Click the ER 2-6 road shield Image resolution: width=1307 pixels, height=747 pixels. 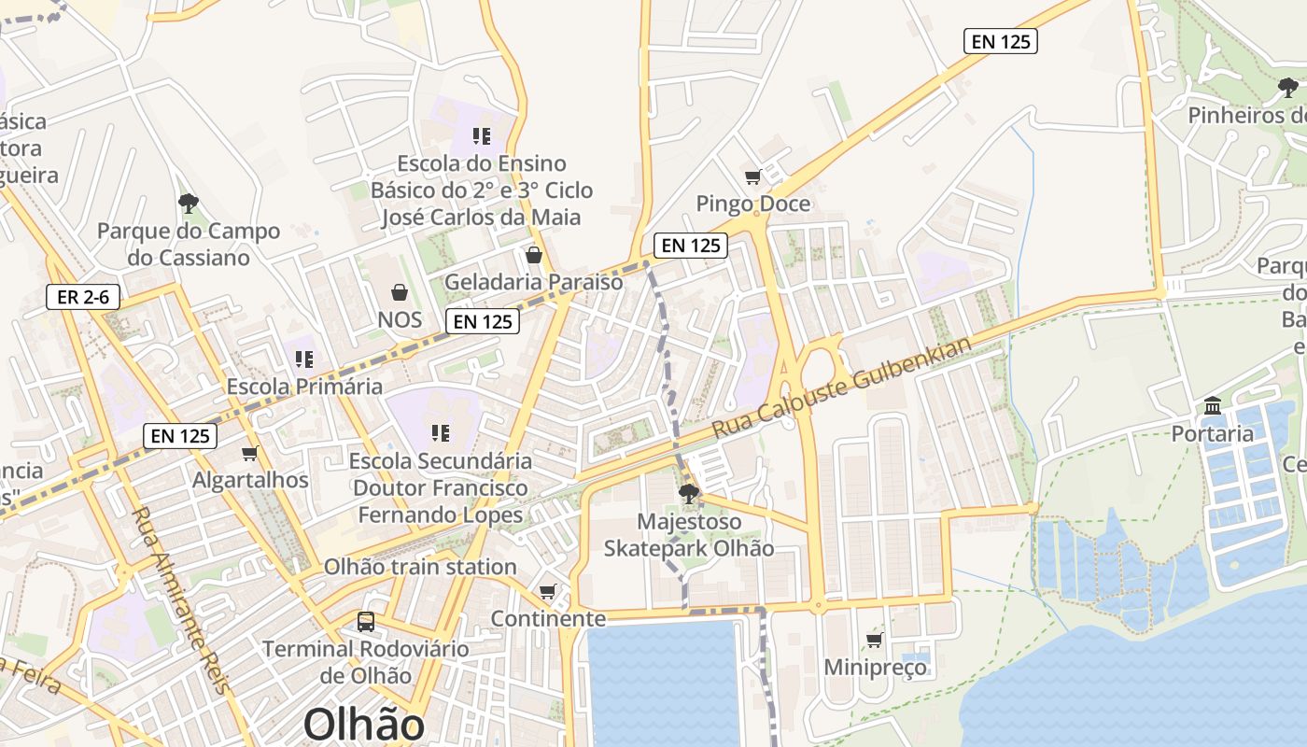[83, 297]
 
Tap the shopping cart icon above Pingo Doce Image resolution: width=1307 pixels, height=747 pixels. [752, 176]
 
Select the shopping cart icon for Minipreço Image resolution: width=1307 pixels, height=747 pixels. [875, 640]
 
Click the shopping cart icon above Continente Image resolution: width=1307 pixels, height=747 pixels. [548, 591]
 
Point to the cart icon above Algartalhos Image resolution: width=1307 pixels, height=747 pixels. [249, 453]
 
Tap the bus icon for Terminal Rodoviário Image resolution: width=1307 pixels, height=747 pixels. [366, 621]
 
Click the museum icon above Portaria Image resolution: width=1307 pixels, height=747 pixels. [1213, 405]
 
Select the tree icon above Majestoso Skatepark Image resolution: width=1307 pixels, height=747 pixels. [689, 493]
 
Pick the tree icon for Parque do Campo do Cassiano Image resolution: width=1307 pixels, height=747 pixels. [189, 203]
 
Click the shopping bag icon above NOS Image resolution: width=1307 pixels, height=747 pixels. [400, 292]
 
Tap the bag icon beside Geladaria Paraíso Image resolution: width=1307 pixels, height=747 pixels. [534, 254]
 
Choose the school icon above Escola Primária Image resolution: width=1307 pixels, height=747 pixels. [303, 359]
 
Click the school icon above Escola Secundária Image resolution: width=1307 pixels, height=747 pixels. [441, 432]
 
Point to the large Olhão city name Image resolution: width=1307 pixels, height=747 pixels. [363, 725]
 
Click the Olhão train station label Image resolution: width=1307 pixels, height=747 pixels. [420, 567]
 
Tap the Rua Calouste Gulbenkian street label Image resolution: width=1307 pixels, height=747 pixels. [841, 388]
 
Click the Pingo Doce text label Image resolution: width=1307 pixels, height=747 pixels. [753, 204]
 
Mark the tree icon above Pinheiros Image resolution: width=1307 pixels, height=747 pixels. [1288, 88]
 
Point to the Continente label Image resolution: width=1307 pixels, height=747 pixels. [548, 618]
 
